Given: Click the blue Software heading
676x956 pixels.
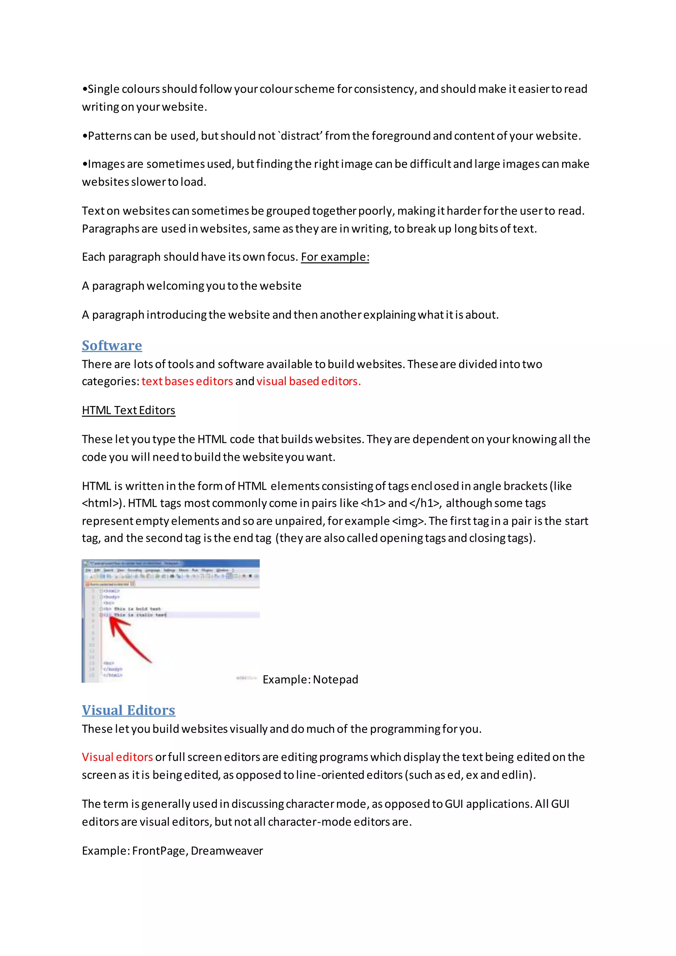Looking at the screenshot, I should [x=112, y=346].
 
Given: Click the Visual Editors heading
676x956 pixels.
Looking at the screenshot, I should [x=128, y=710].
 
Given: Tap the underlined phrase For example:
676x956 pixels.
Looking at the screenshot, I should [x=335, y=257].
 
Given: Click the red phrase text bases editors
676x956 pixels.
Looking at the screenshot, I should [x=187, y=381].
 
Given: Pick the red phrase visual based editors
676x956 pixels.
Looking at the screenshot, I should [x=308, y=381].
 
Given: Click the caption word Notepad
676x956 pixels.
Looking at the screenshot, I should [x=335, y=679].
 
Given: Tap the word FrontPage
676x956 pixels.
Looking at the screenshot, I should [x=158, y=851].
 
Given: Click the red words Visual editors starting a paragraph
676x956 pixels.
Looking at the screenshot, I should [x=117, y=757].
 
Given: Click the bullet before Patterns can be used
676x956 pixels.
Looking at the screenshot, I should [x=85, y=136].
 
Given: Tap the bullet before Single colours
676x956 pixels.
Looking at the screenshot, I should [x=85, y=89].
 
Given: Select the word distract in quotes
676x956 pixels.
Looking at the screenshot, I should [x=299, y=136].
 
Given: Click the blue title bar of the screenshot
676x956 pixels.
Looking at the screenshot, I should [x=170, y=563].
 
